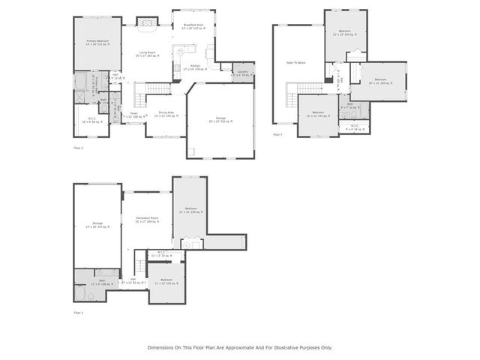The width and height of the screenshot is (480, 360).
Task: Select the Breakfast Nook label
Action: pos(194,27)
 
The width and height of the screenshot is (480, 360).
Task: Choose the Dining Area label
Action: pos(166,113)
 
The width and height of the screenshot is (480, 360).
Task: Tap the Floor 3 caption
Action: pos(277,135)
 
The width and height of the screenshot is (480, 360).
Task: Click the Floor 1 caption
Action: pos(78,312)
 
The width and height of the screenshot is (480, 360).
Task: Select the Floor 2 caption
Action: pos(78,148)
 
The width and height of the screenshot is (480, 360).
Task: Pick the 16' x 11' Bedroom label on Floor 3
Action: pos(380,80)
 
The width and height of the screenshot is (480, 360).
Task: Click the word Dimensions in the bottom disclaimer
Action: pos(162,346)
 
